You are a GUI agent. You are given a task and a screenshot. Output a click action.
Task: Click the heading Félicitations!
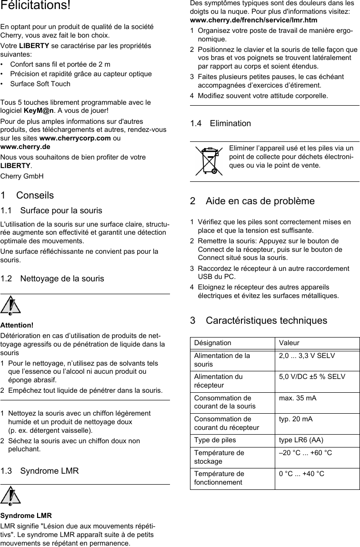point(35,7)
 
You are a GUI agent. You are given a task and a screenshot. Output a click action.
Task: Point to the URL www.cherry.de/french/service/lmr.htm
point(254,20)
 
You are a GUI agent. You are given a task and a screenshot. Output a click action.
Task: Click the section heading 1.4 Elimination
point(220,123)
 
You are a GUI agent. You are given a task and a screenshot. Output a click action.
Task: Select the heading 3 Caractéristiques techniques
point(259,320)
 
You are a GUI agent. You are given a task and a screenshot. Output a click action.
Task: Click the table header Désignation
point(212,343)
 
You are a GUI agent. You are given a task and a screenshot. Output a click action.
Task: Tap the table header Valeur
point(290,343)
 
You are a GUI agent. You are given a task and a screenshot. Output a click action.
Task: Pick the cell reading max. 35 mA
point(298,398)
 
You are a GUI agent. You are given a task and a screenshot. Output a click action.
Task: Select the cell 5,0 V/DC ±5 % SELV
point(312,377)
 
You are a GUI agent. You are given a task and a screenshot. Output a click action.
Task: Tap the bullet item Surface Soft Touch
point(40,84)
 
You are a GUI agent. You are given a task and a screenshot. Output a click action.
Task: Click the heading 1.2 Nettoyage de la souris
point(52,278)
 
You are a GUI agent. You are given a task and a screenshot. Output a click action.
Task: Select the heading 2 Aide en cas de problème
point(252,201)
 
